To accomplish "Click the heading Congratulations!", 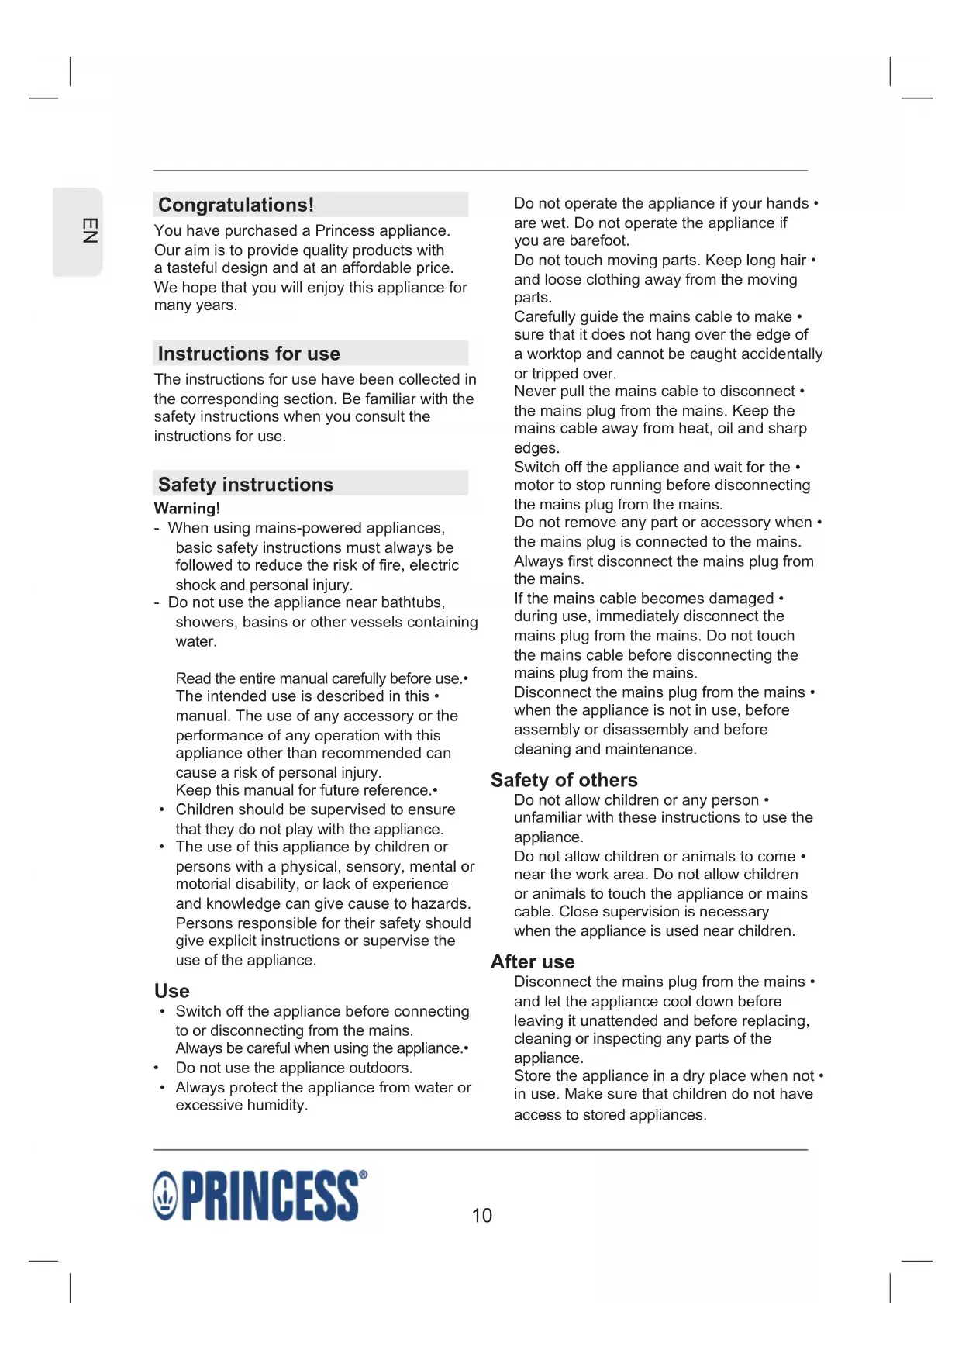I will coord(236,205).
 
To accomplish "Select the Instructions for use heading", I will coord(249,354).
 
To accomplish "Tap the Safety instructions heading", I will coord(245,485).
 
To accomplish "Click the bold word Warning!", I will coord(187,509).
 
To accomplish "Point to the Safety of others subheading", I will coord(564,780).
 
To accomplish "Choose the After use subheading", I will coord(532,961).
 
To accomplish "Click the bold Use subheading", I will coord(171,991).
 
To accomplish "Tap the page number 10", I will coord(481,1215).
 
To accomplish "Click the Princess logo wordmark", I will coord(270,1196).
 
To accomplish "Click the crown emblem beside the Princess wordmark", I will coord(165,1196).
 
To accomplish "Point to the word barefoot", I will coord(599,241).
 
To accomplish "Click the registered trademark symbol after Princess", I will coord(364,1175).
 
